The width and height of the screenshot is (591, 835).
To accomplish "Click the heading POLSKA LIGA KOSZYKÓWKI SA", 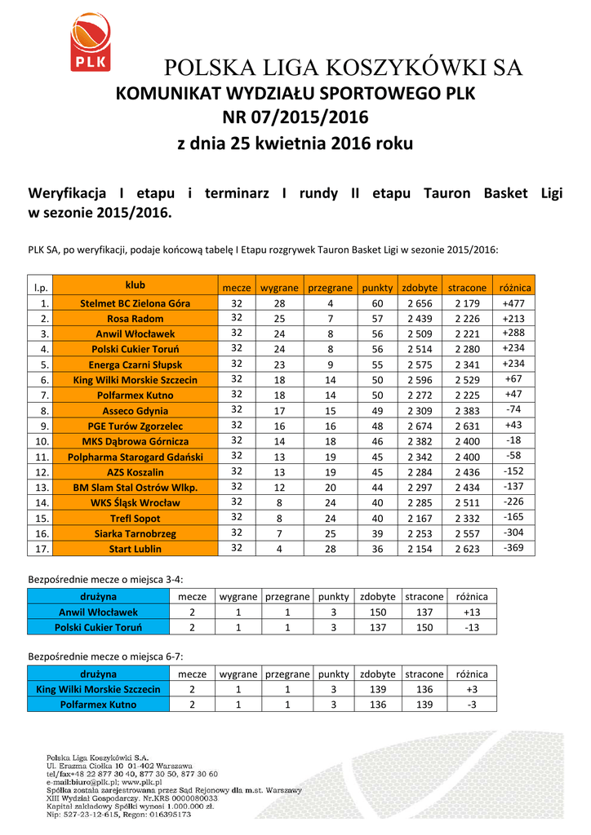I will pos(343,67).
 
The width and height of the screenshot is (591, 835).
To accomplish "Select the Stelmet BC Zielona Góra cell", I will pos(136,303).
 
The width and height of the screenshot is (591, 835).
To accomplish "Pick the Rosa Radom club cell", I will pos(136,319).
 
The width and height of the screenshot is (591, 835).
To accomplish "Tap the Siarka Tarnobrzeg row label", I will pos(136,534).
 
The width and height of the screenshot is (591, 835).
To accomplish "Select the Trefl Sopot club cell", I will pos(136,519).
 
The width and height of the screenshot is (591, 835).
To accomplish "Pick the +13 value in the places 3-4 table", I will pos(471,612).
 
